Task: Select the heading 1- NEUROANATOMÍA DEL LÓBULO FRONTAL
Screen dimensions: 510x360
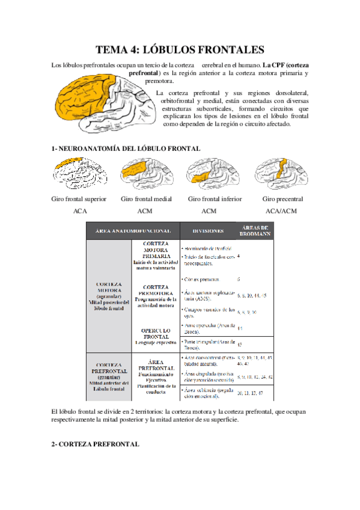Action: click(126, 148)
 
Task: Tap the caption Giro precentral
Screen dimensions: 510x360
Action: click(282, 199)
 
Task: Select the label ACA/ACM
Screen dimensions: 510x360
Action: click(282, 211)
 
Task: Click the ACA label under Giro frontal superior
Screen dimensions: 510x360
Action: click(80, 211)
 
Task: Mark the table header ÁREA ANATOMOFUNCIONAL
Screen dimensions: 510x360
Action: click(132, 230)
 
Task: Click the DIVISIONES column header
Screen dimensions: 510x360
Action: click(209, 230)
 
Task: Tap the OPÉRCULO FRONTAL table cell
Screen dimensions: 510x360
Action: click(156, 334)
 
